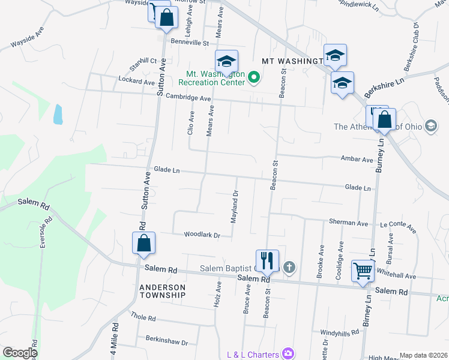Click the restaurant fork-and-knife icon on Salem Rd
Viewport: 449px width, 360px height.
(267, 260)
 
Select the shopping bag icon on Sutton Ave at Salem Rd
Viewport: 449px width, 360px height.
(143, 243)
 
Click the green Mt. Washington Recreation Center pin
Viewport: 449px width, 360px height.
(254, 77)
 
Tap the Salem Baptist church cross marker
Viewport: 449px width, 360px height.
(289, 266)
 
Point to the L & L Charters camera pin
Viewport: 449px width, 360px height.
(289, 353)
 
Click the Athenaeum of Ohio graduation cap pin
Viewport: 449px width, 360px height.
(430, 126)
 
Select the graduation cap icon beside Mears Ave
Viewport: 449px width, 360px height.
(226, 61)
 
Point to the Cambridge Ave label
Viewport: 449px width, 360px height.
(188, 98)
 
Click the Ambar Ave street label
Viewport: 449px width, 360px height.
(358, 160)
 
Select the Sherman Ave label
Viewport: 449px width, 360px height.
(348, 223)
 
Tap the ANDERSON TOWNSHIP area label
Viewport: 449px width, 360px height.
(162, 291)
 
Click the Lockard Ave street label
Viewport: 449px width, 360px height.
(137, 80)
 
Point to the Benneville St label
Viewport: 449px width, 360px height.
(189, 43)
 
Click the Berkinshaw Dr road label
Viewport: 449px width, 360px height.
(167, 340)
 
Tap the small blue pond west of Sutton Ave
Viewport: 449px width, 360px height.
(58, 114)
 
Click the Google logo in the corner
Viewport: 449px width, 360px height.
(20, 352)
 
